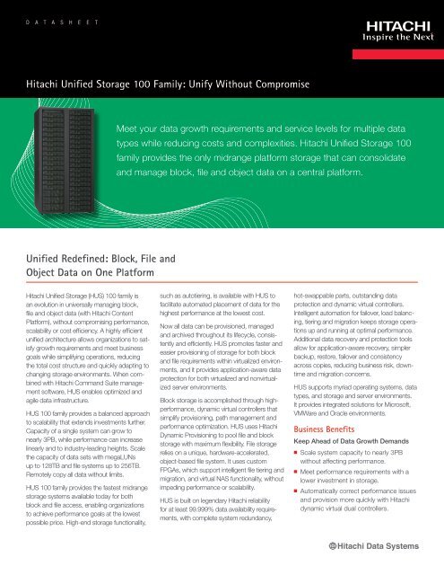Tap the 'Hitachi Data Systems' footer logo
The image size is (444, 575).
click(x=383, y=547)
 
